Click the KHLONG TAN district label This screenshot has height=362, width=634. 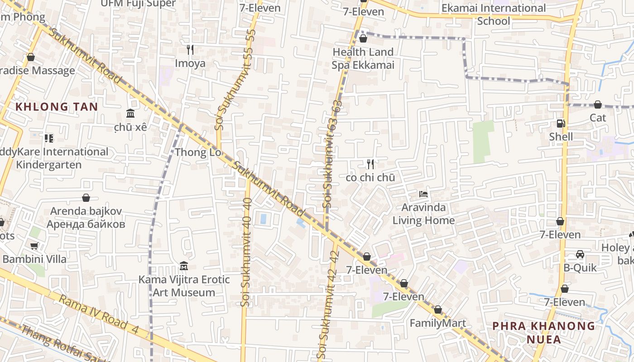coord(57,107)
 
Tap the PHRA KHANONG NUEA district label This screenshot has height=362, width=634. coord(543,333)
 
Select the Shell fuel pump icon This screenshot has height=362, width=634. coord(561,124)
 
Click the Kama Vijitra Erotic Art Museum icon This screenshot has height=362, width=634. coord(184,266)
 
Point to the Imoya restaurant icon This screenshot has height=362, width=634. coord(190,50)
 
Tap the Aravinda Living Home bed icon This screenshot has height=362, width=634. coord(423,194)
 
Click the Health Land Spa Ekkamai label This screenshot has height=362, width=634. coord(363,58)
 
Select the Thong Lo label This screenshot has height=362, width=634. coord(198,152)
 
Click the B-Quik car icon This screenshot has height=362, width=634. coord(580,255)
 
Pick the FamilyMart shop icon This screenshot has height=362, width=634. coord(437,310)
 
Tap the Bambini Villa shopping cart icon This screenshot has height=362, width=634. coord(34,246)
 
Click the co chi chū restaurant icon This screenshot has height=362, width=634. coord(370,164)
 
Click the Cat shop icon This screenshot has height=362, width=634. coord(598,105)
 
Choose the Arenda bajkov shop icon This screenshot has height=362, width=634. coord(86,198)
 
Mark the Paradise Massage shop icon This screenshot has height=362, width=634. coord(31,57)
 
